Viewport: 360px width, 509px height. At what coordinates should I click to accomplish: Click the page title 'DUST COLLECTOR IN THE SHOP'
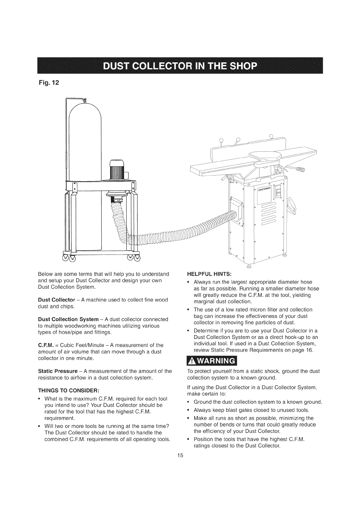point(180,66)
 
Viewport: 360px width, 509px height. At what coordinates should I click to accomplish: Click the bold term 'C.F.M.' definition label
point(45,345)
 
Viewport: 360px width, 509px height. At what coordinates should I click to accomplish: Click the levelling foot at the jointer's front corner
point(249,266)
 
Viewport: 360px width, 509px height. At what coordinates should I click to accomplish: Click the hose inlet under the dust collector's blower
point(117,200)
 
